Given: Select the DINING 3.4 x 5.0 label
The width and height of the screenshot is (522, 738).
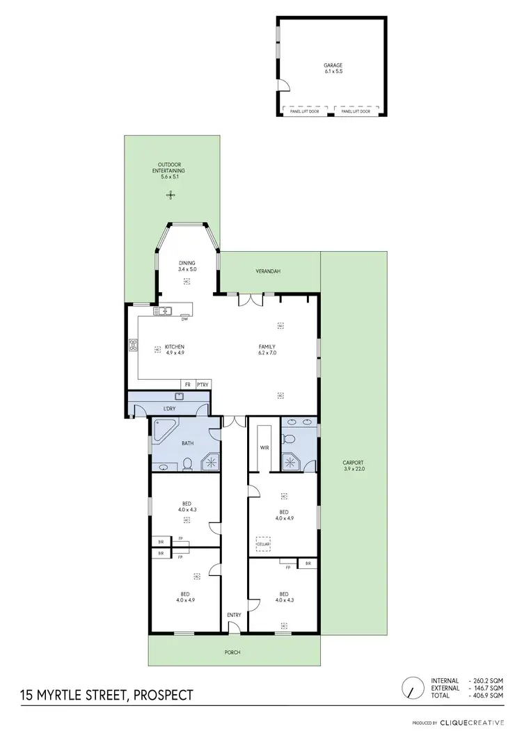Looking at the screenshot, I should coord(187,266).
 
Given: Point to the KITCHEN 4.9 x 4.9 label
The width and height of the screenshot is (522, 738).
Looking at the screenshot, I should coord(174,350).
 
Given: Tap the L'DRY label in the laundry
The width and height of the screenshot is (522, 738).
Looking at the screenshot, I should coord(168,408).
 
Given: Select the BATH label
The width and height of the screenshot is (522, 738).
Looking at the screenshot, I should coord(188,443).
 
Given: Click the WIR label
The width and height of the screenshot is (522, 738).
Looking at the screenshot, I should coord(264,448).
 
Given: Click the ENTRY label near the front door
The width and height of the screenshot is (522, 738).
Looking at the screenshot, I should coord(235,615).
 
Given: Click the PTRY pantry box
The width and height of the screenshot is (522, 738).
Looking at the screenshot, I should coord(203,384).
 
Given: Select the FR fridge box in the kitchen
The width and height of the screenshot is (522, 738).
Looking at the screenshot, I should coord(187,384).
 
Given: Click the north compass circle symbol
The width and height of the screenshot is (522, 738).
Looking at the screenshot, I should coord(413,688).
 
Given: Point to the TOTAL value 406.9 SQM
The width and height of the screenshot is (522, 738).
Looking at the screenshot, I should coord(487,696).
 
